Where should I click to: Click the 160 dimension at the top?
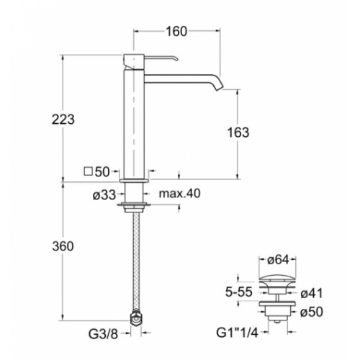coord(176,31)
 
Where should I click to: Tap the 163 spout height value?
coord(238,132)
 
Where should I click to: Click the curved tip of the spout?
coord(216,84)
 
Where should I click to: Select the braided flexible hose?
coord(136,266)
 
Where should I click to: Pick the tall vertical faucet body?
coord(136,119)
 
